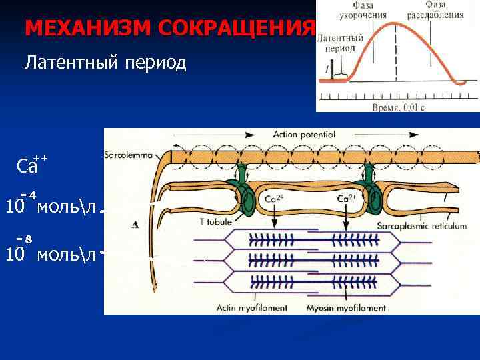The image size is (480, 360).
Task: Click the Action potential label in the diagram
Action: (303, 135)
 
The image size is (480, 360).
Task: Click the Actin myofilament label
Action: (252, 308)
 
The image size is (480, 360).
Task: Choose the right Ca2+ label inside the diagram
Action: (347, 198)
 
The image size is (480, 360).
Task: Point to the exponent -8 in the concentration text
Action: (26, 238)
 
